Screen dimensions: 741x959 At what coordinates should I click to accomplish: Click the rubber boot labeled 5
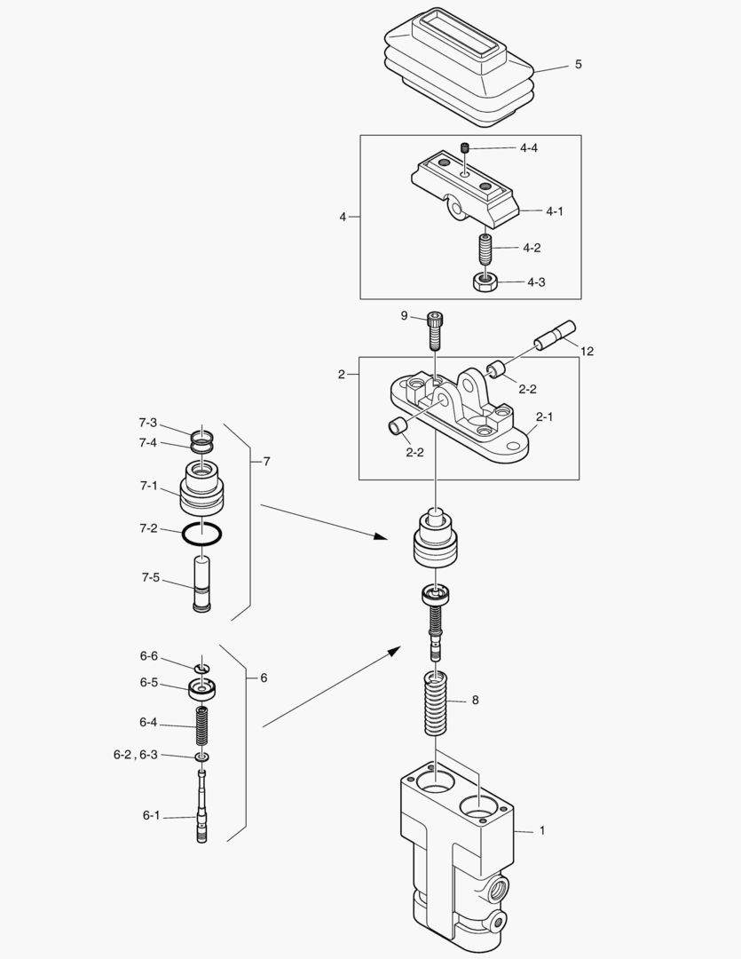460,67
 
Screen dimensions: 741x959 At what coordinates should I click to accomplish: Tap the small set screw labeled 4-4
465,148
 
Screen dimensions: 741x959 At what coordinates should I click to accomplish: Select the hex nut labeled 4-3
485,282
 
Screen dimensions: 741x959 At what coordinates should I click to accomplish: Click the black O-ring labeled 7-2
201,534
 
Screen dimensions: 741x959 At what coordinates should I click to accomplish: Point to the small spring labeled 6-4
201,725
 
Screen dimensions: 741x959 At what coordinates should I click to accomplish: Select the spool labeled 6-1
202,806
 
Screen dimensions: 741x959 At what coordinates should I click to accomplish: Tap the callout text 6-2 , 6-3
135,755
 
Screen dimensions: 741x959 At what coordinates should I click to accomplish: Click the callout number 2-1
544,416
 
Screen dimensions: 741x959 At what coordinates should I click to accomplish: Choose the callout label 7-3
147,423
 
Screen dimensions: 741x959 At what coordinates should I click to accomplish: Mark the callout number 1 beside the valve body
541,830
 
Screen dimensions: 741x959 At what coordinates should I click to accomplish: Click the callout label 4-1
555,211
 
